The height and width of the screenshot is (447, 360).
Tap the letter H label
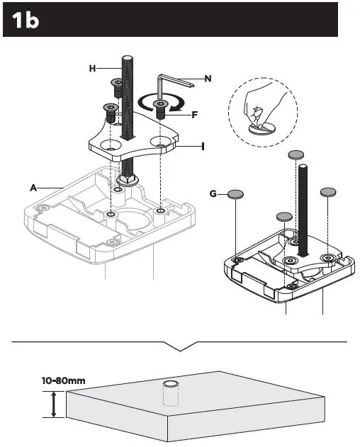tap(92, 68)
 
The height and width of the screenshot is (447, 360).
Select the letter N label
tap(208, 79)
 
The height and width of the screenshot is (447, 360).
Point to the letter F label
tap(194, 113)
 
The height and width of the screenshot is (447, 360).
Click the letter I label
tap(203, 146)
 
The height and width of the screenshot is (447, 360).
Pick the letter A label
tap(33, 188)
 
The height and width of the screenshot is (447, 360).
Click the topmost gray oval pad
tap(297, 154)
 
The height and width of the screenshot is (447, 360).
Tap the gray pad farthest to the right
tap(328, 192)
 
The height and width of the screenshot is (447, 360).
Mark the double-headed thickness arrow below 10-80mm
tap(53, 407)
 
